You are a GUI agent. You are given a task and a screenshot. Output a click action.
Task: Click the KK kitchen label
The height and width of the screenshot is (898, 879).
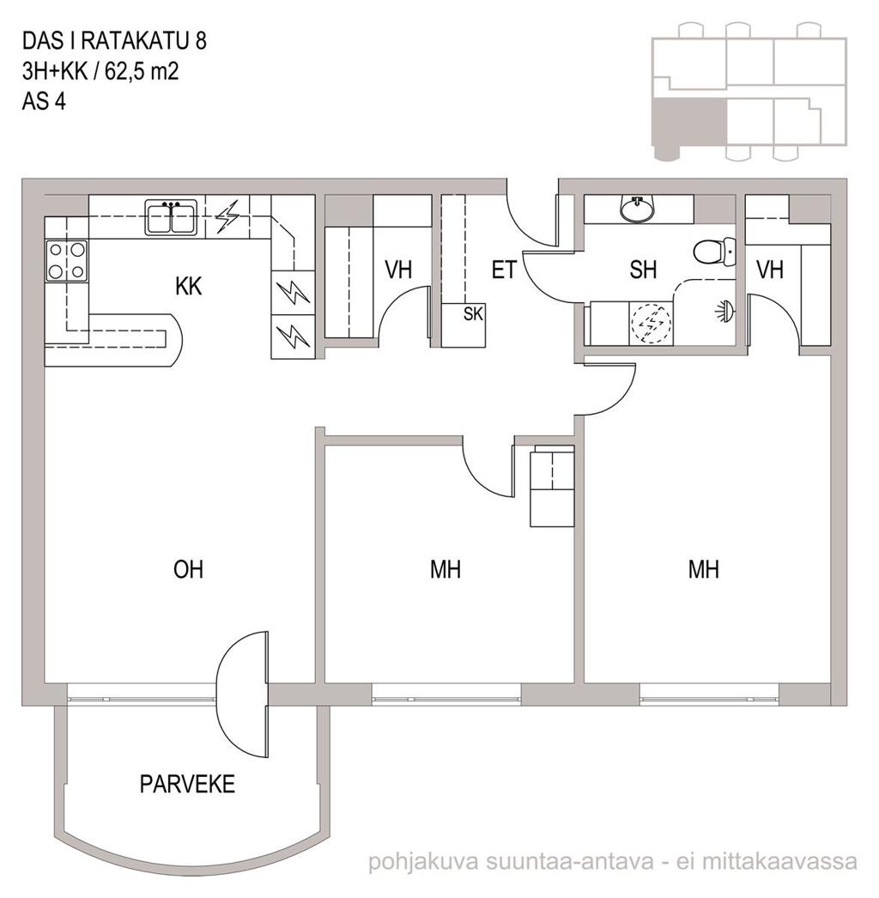188,287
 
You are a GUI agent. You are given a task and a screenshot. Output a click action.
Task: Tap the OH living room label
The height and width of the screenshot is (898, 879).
188,570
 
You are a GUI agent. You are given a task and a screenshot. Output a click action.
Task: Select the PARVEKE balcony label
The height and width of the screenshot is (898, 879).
187,784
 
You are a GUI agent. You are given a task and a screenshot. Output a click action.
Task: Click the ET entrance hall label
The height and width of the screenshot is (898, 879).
504,270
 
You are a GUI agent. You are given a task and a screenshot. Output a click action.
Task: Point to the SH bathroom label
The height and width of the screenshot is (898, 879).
642,270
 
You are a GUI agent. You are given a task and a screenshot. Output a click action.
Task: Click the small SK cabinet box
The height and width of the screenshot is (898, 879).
464,325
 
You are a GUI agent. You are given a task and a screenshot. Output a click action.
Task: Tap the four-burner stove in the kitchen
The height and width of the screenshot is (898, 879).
67,261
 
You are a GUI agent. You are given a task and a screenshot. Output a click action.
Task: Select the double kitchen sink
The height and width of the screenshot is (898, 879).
171,217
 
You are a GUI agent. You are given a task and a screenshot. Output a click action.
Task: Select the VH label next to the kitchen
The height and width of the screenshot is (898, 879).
398,270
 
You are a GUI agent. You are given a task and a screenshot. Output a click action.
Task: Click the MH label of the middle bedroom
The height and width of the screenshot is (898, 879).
446,570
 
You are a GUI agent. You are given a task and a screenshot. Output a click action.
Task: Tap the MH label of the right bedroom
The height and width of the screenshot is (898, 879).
703,570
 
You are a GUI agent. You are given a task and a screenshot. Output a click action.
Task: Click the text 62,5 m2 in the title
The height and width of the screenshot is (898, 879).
142,71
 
